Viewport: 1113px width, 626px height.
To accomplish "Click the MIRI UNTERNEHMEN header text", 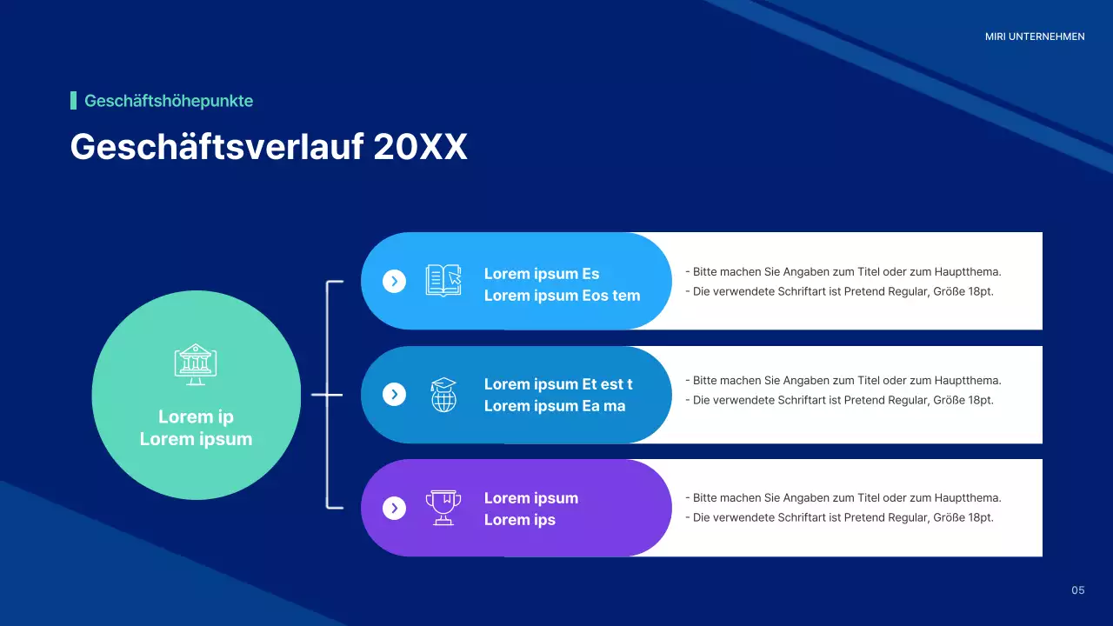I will pyautogui.click(x=1035, y=37).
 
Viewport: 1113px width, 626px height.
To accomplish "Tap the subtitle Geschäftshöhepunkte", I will pyautogui.click(x=169, y=101).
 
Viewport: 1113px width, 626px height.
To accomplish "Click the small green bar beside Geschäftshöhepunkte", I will pyautogui.click(x=73, y=101).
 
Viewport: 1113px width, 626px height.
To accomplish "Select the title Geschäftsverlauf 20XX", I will pyautogui.click(x=269, y=147).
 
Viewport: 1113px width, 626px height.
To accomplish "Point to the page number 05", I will pyautogui.click(x=1078, y=590).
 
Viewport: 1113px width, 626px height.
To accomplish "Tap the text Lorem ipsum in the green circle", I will pyautogui.click(x=196, y=439).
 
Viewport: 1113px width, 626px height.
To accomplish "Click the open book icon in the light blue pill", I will pyautogui.click(x=443, y=280).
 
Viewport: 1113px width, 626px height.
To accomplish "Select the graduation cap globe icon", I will pyautogui.click(x=443, y=395).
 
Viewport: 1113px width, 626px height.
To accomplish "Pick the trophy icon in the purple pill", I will pyautogui.click(x=443, y=508).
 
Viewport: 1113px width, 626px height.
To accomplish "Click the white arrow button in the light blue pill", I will pyautogui.click(x=394, y=281).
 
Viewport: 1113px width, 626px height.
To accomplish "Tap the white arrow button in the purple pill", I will pyautogui.click(x=394, y=508).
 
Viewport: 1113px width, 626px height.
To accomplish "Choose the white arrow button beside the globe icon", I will pyautogui.click(x=394, y=395).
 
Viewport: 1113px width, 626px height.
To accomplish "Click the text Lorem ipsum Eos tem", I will pyautogui.click(x=562, y=296).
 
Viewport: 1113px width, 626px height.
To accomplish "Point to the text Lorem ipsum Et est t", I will pyautogui.click(x=558, y=384).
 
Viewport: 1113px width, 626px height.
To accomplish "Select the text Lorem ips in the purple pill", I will pyautogui.click(x=519, y=520).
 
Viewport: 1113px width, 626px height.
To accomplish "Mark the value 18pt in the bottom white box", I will pyautogui.click(x=980, y=517).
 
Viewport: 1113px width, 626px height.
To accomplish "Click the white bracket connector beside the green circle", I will pyautogui.click(x=328, y=394).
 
